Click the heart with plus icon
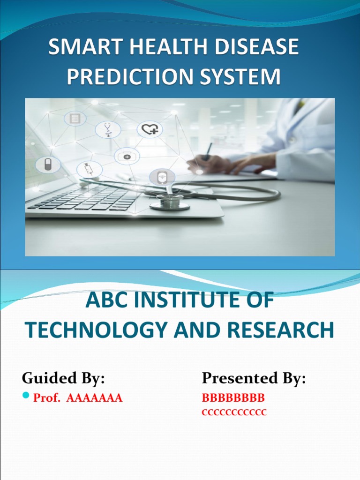coord(150,129)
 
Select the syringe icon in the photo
coord(89,169)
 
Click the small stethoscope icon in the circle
coord(108,129)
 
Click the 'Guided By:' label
coord(63,377)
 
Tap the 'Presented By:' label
coord(254,377)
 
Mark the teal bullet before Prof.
coord(26,397)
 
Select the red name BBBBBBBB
coord(233,398)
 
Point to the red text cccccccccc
coord(234,412)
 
